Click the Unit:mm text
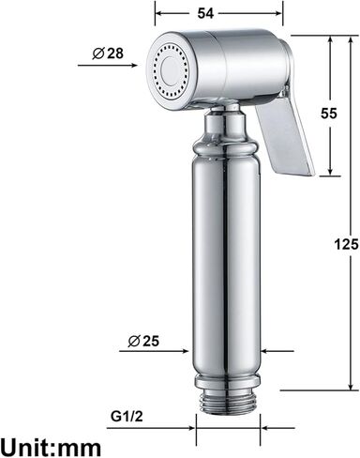(x=52, y=443)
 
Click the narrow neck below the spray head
(x=226, y=122)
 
